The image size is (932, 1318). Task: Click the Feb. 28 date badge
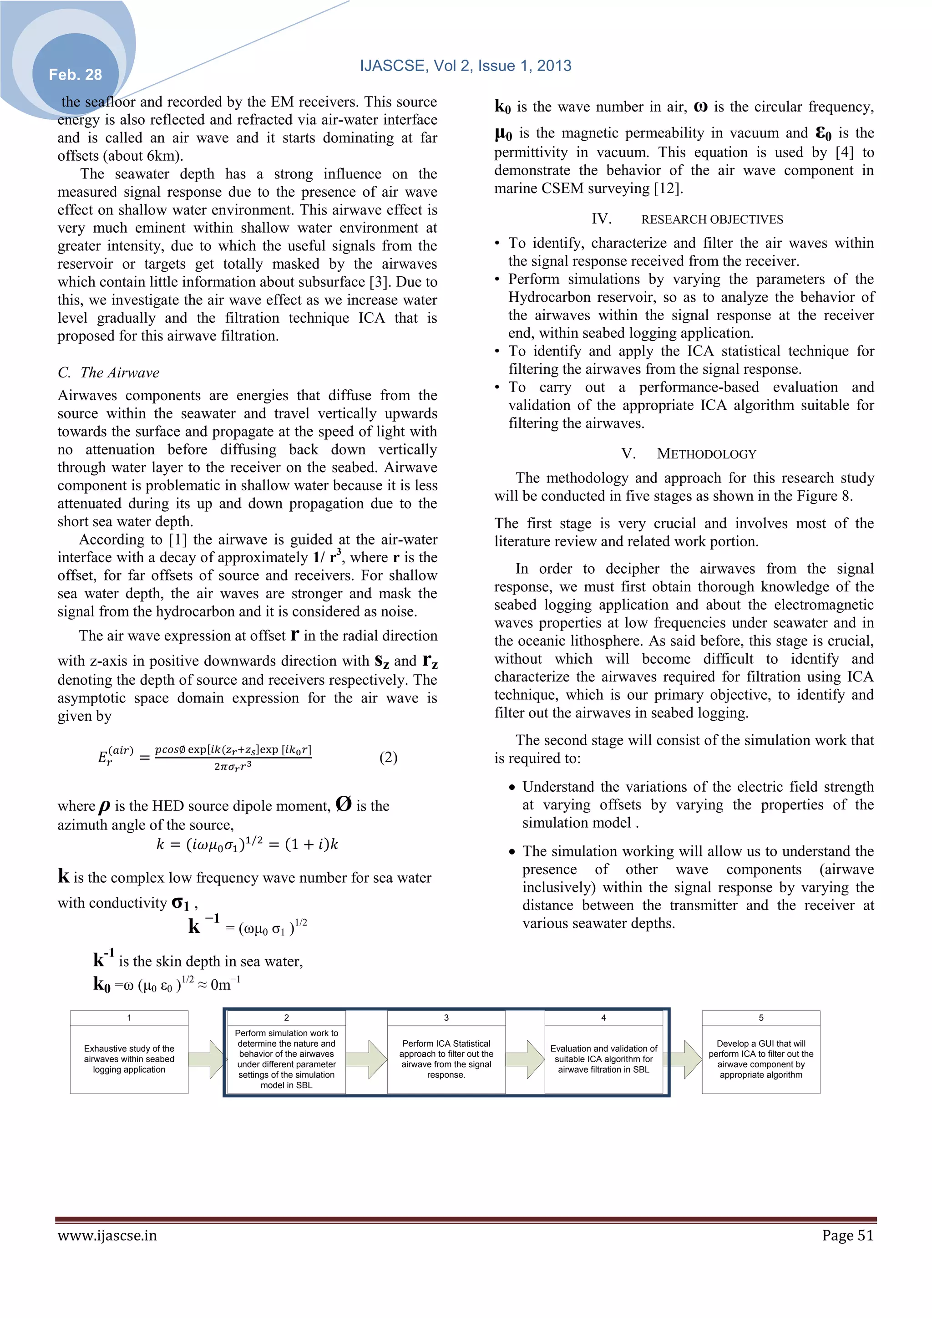pyautogui.click(x=75, y=75)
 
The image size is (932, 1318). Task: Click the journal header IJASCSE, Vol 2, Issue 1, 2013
pyautogui.click(x=466, y=66)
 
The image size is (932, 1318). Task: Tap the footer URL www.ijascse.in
pyautogui.click(x=107, y=1235)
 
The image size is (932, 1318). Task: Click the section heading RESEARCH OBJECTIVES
pyautogui.click(x=712, y=219)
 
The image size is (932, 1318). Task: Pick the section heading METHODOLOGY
pyautogui.click(x=706, y=454)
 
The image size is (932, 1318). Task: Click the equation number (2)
pyautogui.click(x=389, y=757)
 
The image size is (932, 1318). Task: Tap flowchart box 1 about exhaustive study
pyautogui.click(x=129, y=1058)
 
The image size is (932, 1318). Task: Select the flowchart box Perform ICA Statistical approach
pyautogui.click(x=446, y=1058)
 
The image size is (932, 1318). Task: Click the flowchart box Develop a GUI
pyautogui.click(x=760, y=1058)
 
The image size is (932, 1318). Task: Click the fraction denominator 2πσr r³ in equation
pyautogui.click(x=233, y=766)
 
